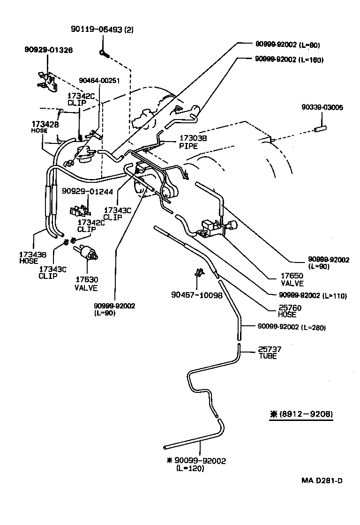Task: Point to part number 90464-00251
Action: [99, 80]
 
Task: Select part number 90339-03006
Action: [322, 107]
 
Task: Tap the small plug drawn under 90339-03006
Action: [322, 128]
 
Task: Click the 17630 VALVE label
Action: [86, 284]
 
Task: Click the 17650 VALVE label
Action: [292, 280]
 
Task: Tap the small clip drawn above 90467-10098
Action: [199, 273]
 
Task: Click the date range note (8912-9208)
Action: [301, 414]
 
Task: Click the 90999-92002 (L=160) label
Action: [289, 60]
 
